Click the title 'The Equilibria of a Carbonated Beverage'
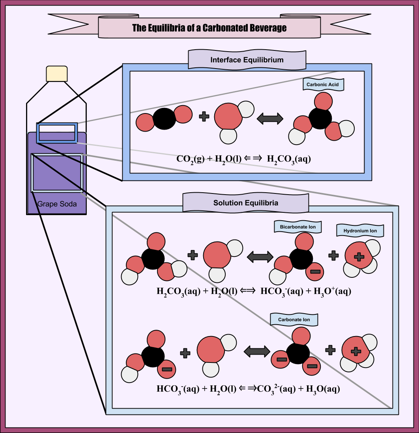point(209,28)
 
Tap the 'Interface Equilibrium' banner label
point(247,60)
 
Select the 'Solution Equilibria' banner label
point(245,203)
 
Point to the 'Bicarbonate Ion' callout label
point(297,227)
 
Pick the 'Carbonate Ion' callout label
point(294,320)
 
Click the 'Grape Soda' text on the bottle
point(57,204)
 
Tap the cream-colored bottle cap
point(57,74)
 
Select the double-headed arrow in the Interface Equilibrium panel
point(270,118)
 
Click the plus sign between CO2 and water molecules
point(204,116)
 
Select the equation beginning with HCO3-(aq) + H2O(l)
point(248,389)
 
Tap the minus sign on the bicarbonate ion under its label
point(315,271)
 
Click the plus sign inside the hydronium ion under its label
point(359,257)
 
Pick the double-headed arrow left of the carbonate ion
point(257,351)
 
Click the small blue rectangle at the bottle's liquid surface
point(56,133)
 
